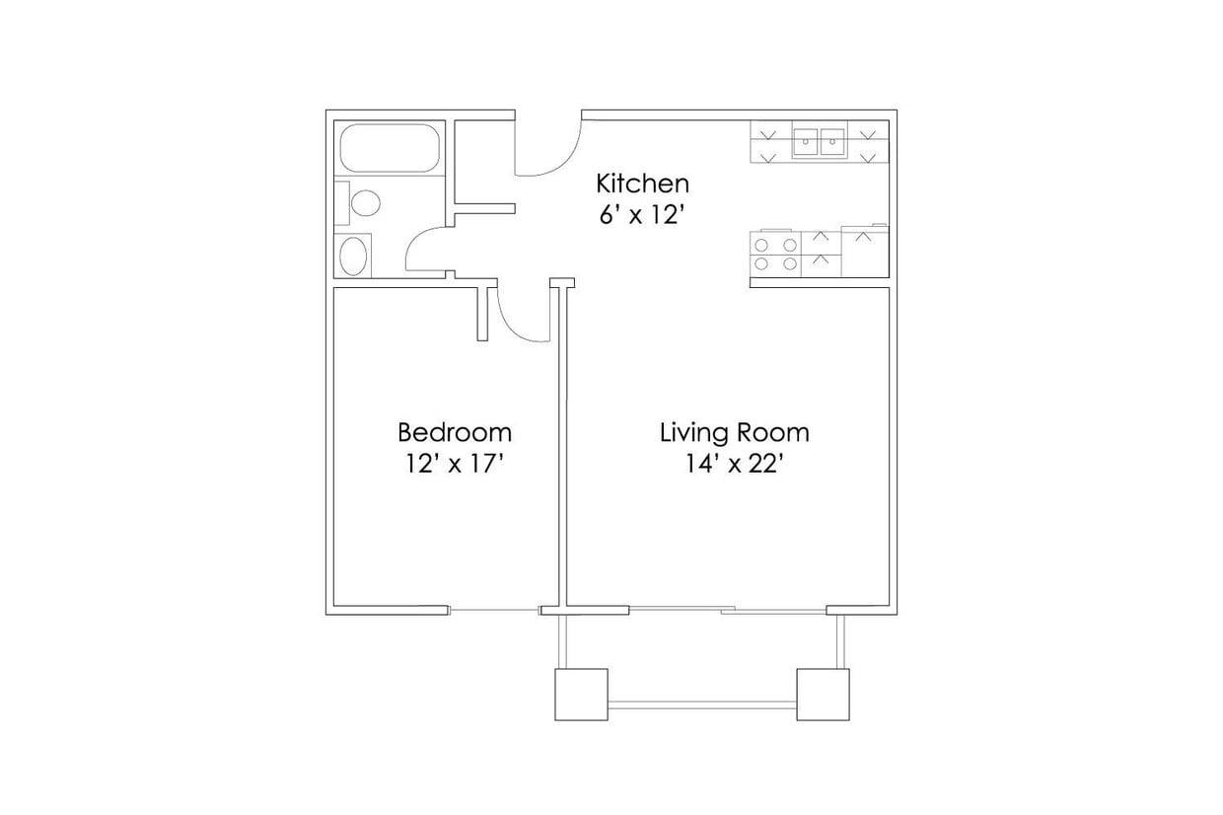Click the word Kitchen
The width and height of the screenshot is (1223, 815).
(x=642, y=184)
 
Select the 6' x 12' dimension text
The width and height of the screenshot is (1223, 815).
(x=642, y=215)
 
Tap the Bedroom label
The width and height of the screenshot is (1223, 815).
(x=455, y=432)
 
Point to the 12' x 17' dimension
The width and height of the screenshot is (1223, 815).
(x=455, y=465)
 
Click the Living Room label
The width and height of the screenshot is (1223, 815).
(x=734, y=432)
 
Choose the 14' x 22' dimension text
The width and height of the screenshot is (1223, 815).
(x=734, y=465)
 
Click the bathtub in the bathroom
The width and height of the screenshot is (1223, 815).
(x=389, y=149)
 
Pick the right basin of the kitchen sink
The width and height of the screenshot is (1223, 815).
(x=833, y=142)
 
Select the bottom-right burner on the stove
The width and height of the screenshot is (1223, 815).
(x=789, y=263)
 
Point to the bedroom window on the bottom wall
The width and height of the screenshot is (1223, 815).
(x=494, y=611)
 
